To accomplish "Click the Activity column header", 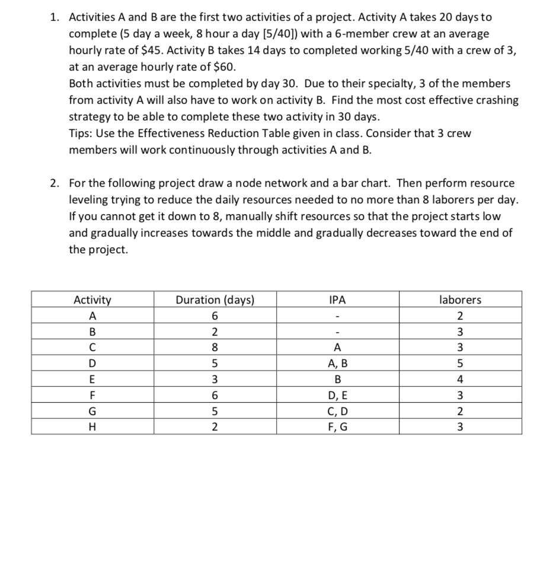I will tap(92, 300).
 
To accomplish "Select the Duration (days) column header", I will tap(215, 300).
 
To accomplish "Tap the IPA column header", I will tap(337, 300).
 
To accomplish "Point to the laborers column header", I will tap(460, 300).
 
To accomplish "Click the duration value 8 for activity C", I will tap(215, 346).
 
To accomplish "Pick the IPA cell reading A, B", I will tap(337, 362).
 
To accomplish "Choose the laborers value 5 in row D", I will tap(460, 362).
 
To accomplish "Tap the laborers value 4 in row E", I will tap(460, 378).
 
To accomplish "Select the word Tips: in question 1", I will tap(82, 133).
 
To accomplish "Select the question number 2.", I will tap(54, 183).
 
